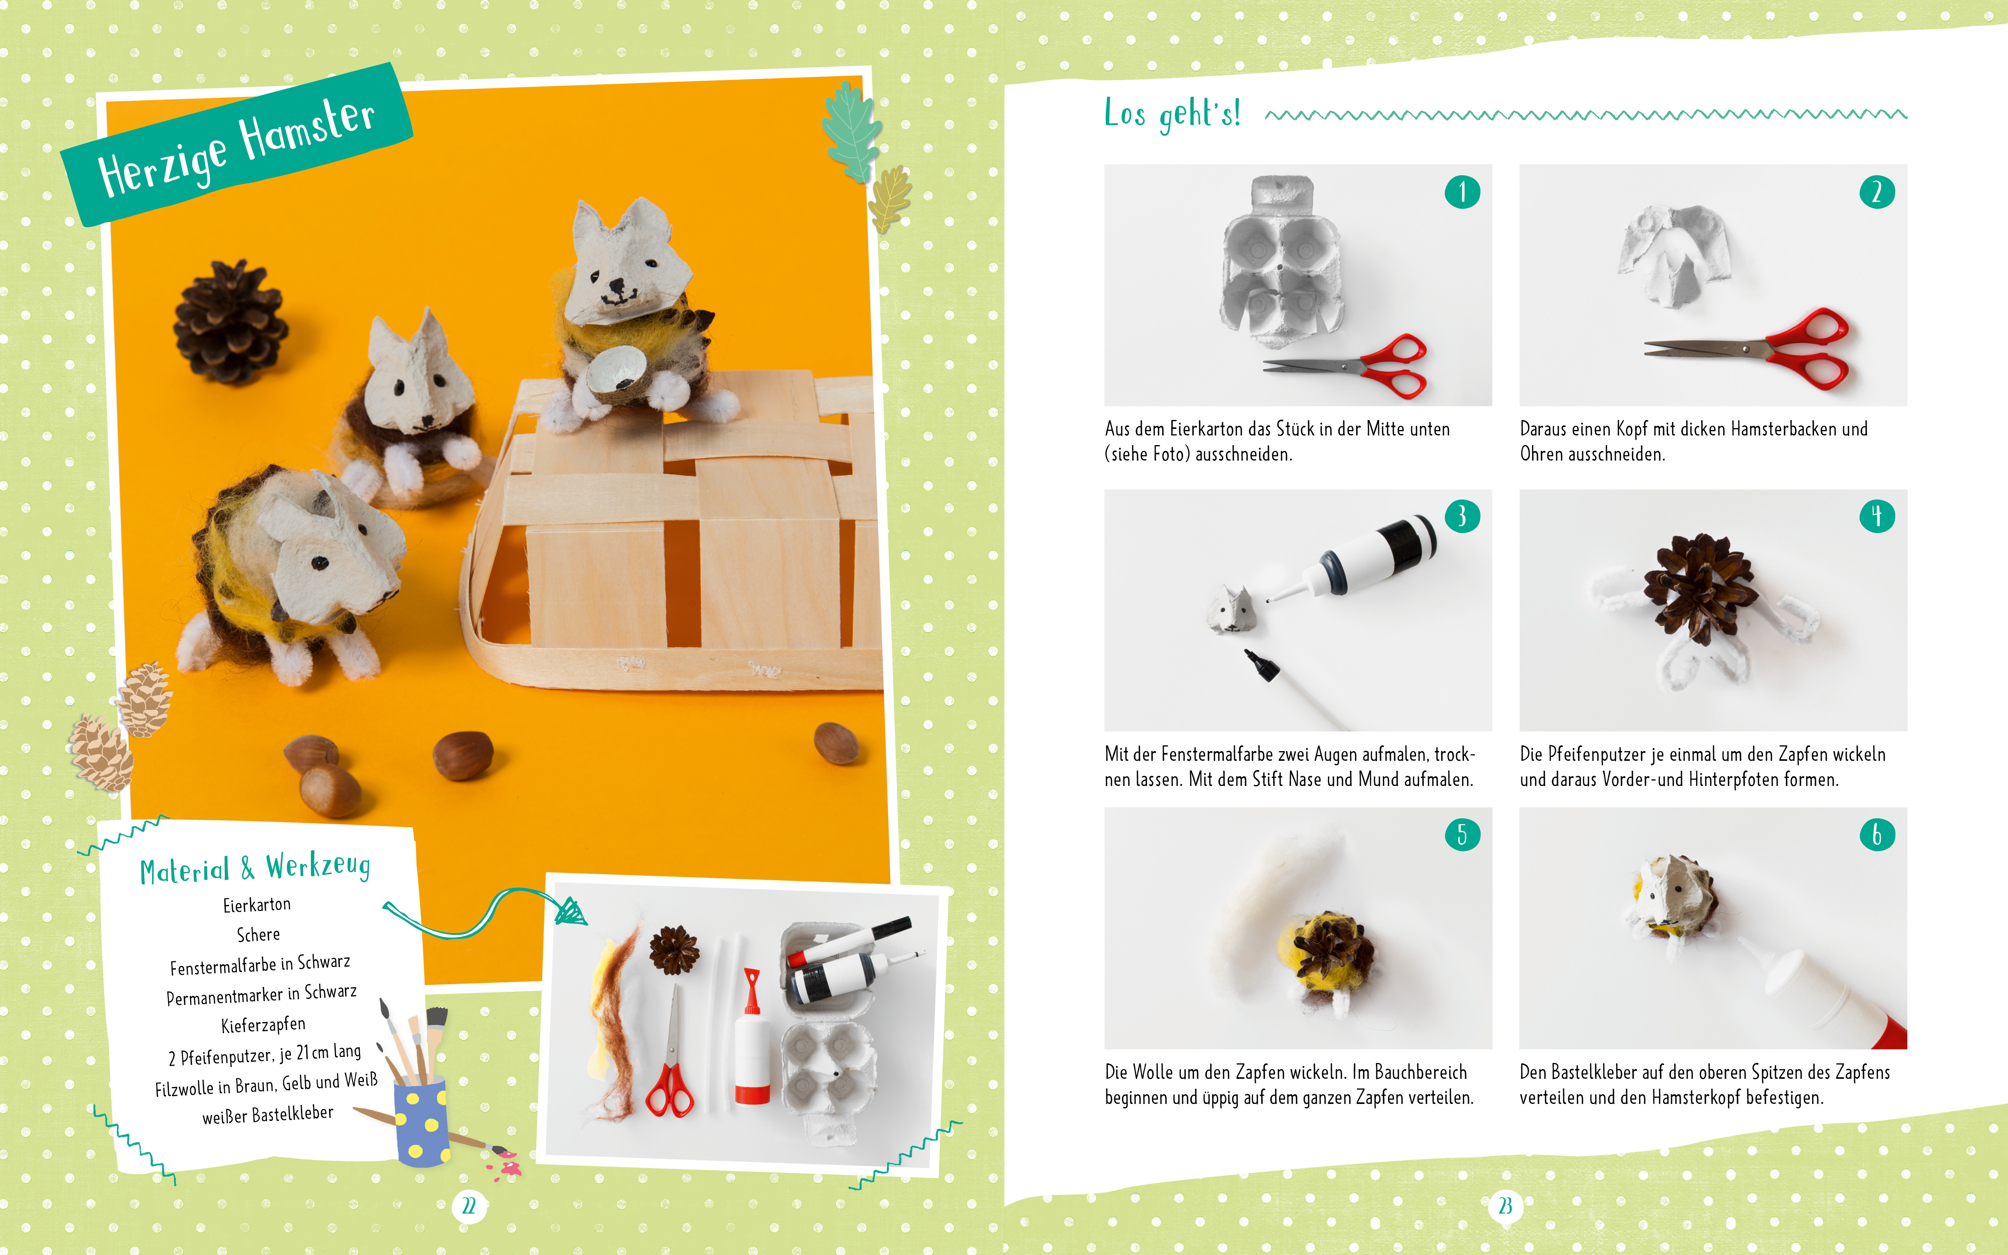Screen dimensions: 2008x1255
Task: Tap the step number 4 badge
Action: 1877,516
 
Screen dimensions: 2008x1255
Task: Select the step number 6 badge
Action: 1877,834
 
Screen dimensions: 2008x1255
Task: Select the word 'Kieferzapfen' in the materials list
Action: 263,1025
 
